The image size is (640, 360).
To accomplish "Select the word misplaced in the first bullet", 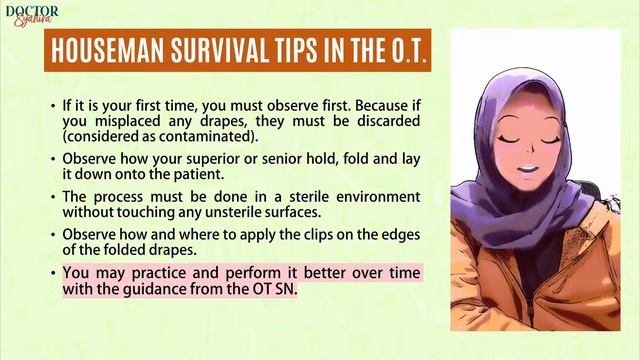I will coord(133,120).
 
